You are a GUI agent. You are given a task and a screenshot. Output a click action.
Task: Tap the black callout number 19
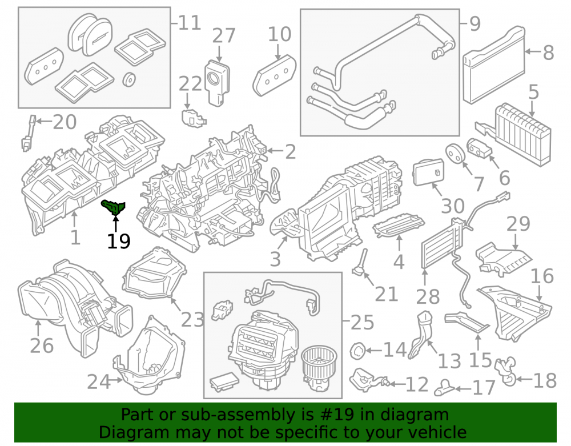[119, 241]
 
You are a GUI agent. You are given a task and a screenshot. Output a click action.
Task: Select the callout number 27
[224, 35]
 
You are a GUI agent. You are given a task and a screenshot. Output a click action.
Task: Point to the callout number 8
[548, 53]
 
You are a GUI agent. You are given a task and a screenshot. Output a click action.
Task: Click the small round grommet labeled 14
[357, 351]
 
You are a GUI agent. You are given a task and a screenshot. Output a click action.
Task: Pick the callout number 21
[387, 294]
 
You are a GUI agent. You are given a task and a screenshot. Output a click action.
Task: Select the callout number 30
[453, 206]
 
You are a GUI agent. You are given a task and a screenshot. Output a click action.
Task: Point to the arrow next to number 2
[275, 151]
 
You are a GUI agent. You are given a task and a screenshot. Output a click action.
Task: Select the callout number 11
[190, 23]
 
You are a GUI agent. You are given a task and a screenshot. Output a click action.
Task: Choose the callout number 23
[192, 320]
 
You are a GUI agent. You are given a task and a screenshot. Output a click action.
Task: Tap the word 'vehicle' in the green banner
[440, 432]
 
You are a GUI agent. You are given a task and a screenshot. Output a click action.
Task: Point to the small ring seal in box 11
[129, 80]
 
